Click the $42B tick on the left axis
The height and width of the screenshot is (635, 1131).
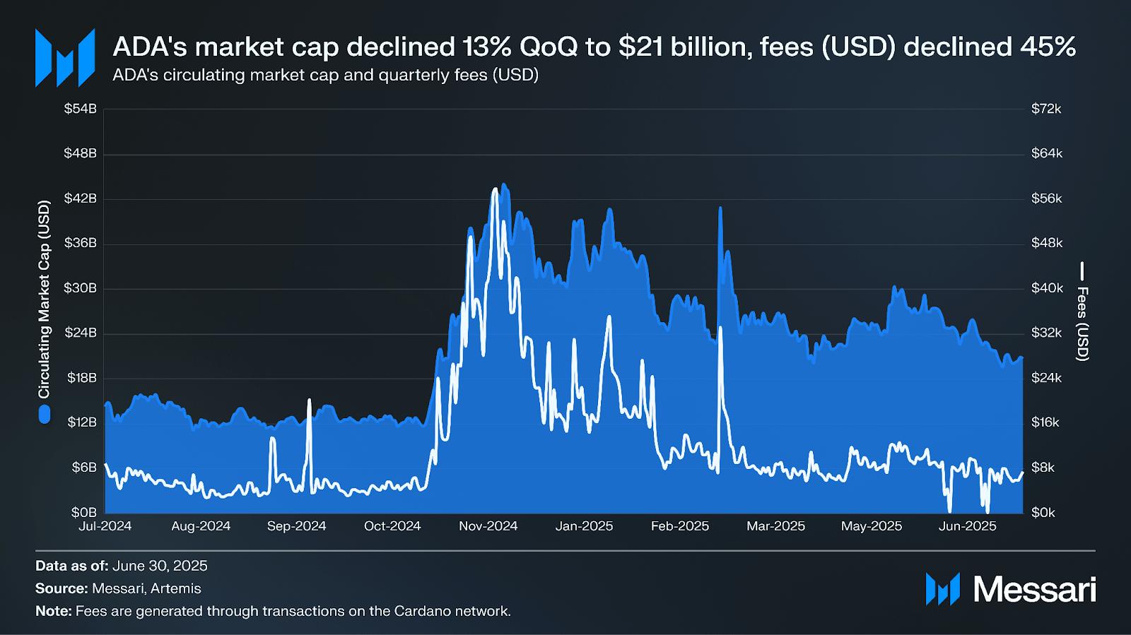[80, 198]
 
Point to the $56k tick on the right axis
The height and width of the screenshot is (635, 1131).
[1046, 198]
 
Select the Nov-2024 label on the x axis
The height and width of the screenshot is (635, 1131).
[488, 526]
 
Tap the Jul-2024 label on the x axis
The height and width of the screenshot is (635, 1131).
[105, 526]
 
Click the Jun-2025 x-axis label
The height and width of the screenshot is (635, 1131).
[967, 526]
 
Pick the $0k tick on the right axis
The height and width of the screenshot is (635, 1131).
[1043, 513]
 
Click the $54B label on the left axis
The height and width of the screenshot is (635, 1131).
[80, 109]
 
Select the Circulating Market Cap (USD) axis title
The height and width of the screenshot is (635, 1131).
[45, 299]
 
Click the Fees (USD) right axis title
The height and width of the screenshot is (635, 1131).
[1082, 324]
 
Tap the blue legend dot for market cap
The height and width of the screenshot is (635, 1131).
[45, 415]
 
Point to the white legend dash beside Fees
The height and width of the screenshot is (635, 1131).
[1082, 271]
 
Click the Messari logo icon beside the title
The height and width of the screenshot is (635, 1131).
[65, 58]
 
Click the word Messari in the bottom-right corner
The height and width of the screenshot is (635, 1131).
[1035, 590]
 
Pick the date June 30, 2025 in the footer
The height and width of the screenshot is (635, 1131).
[160, 566]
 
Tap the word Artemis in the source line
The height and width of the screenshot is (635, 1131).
[176, 588]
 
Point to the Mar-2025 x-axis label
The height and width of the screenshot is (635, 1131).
[775, 526]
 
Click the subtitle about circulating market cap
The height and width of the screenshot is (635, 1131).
[325, 75]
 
